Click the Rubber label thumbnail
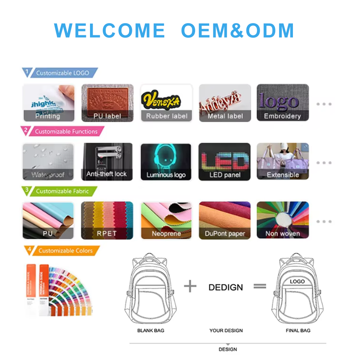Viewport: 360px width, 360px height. coord(166,102)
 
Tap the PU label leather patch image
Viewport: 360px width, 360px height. coord(107,102)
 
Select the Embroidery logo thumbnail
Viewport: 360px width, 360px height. coord(282,102)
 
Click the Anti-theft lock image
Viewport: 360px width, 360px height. coord(107,162)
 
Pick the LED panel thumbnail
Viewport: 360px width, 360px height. coord(224,162)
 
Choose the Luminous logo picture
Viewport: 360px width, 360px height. coord(166,162)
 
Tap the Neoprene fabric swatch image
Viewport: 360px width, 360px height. coord(166,220)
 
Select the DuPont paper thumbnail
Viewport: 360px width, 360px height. coord(224,220)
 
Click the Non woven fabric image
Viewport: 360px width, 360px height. coord(282,220)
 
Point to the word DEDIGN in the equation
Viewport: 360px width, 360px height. coord(226,288)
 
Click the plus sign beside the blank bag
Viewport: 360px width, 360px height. coord(190,286)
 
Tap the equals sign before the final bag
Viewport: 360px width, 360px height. coord(260,286)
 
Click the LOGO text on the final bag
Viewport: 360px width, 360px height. coord(297,281)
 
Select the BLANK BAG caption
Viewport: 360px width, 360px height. coord(151,330)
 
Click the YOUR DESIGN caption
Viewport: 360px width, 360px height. coord(226,330)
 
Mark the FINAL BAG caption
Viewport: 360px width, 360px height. coord(298,330)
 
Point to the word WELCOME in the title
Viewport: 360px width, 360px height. coord(109,31)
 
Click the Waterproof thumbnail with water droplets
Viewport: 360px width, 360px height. coord(48,162)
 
